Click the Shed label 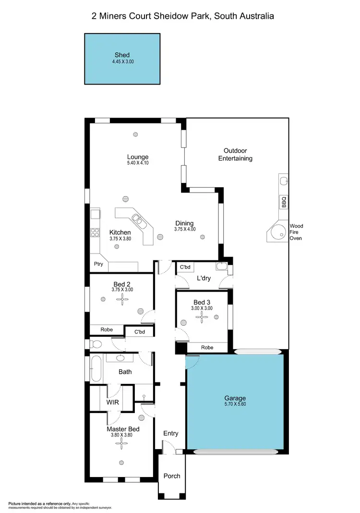coord(122,55)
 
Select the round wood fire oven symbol coord(277,234)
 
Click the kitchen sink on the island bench coord(138,220)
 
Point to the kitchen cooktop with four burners coord(95,233)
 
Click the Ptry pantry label coord(98,264)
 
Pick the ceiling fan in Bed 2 coord(122,300)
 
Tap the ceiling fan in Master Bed coord(120,443)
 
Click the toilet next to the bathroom coord(96,344)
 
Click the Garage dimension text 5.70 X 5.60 coord(235,405)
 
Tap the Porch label coord(172,476)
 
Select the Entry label coord(170,433)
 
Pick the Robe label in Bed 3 coord(207,347)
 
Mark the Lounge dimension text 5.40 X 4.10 coord(138,163)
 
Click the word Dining coord(184,223)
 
